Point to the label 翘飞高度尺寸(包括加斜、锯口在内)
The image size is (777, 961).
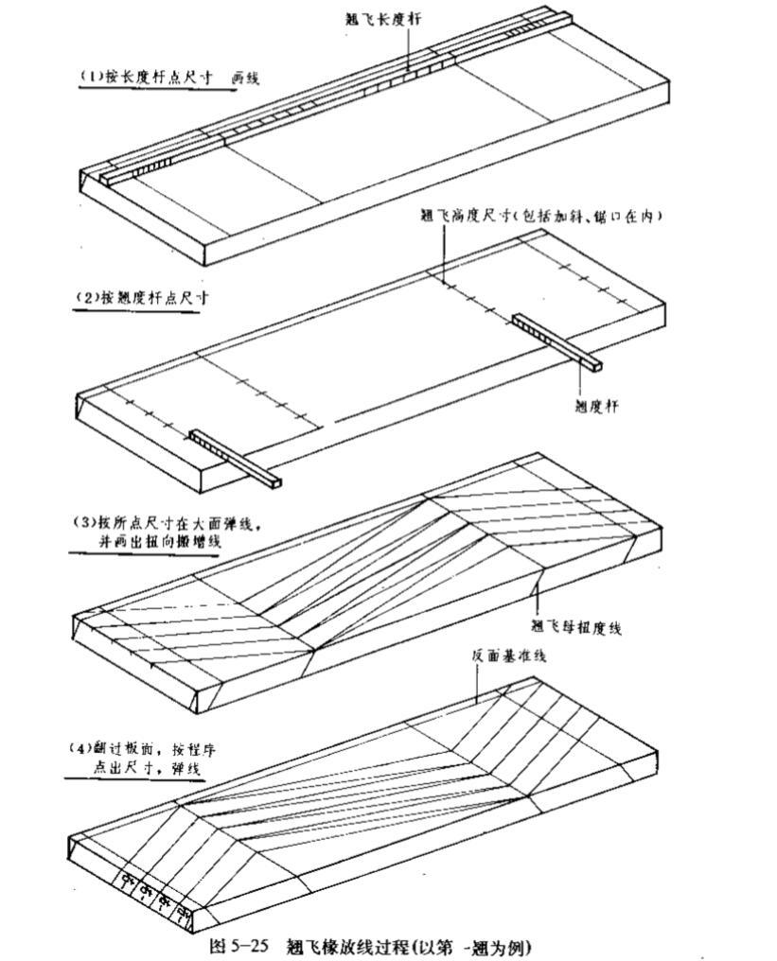tap(540, 216)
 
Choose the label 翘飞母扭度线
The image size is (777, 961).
tap(575, 625)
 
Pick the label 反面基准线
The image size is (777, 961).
tap(508, 655)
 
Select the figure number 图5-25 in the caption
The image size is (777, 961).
tap(239, 945)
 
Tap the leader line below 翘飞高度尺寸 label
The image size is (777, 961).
tap(442, 251)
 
